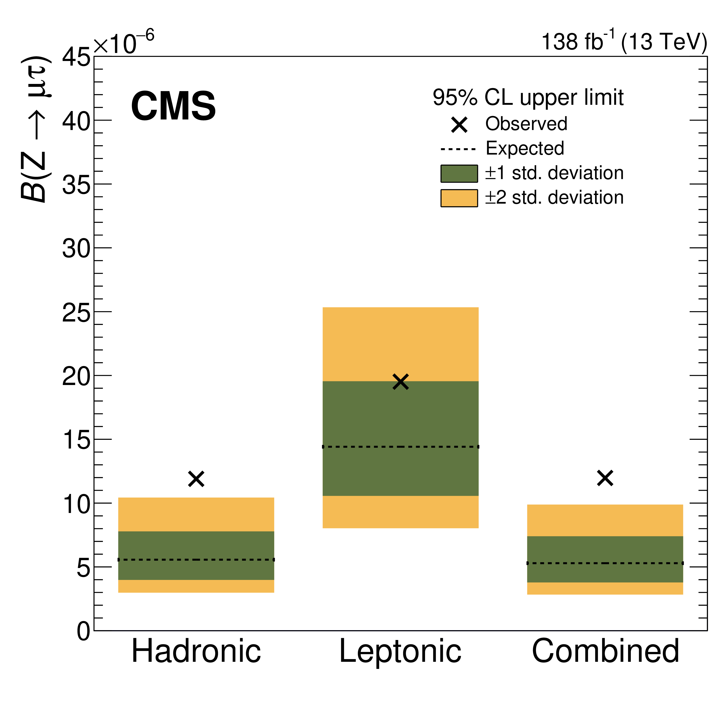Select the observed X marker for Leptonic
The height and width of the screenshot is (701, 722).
tap(401, 382)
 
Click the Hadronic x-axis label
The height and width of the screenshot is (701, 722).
tap(196, 651)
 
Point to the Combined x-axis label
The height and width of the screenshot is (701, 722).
tap(605, 651)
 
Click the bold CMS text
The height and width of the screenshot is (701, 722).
tap(173, 106)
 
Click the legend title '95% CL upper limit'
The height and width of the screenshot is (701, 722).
tap(528, 98)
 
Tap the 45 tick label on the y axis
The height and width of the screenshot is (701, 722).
tap(76, 58)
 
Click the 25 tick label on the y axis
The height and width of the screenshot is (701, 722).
tap(76, 313)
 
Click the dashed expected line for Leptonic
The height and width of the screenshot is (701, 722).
tap(401, 447)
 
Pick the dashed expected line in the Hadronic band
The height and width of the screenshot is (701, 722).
tap(196, 560)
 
